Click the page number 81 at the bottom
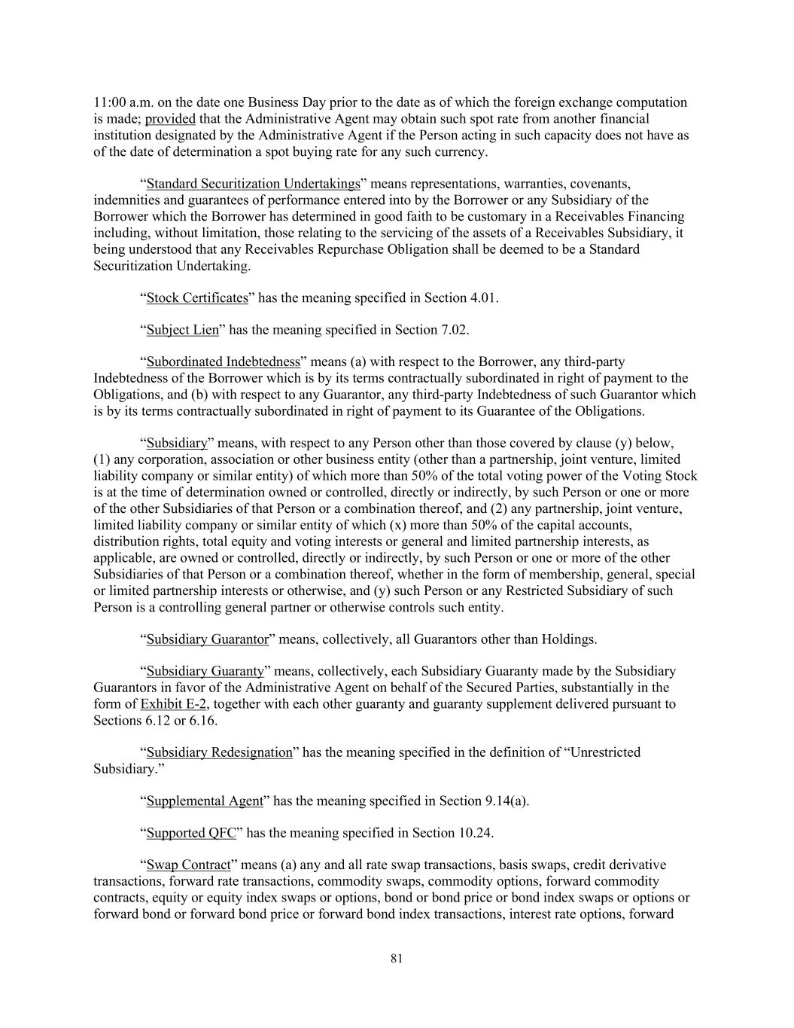(397, 958)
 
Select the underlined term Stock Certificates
(197, 297)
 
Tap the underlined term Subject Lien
(182, 329)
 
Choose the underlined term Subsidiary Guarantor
(207, 639)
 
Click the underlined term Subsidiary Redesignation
(219, 752)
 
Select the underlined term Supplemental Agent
(205, 801)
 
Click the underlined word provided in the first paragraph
(170, 119)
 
